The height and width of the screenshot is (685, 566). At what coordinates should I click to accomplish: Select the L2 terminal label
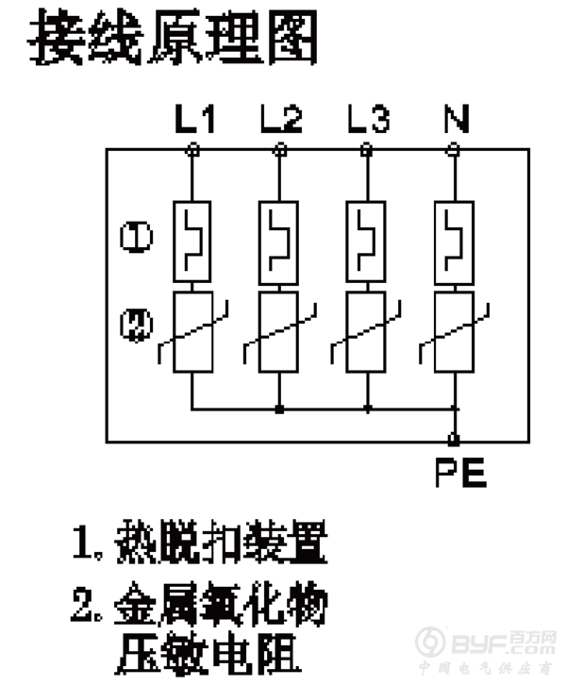pyautogui.click(x=280, y=120)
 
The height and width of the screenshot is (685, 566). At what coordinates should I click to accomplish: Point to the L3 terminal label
pyautogui.click(x=367, y=120)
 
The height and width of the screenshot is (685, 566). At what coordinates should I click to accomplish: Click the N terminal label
pyautogui.click(x=455, y=120)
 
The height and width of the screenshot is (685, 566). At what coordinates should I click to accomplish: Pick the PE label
pyautogui.click(x=460, y=471)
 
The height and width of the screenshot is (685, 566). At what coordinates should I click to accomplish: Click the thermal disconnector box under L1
pyautogui.click(x=192, y=241)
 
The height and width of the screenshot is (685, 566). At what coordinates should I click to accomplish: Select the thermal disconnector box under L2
pyautogui.click(x=279, y=241)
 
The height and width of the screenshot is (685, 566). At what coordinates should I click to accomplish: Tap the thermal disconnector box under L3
pyautogui.click(x=367, y=241)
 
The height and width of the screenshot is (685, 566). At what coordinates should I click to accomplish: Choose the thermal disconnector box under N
pyautogui.click(x=454, y=241)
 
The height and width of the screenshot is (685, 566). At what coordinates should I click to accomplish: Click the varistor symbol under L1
pyautogui.click(x=192, y=332)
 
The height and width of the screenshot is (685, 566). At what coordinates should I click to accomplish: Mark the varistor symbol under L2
pyautogui.click(x=279, y=332)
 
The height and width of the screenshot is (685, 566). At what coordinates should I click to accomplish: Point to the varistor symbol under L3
pyautogui.click(x=367, y=332)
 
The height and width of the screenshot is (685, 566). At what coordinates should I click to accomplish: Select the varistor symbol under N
pyautogui.click(x=454, y=332)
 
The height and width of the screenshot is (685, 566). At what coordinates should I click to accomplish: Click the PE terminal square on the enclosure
pyautogui.click(x=454, y=439)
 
